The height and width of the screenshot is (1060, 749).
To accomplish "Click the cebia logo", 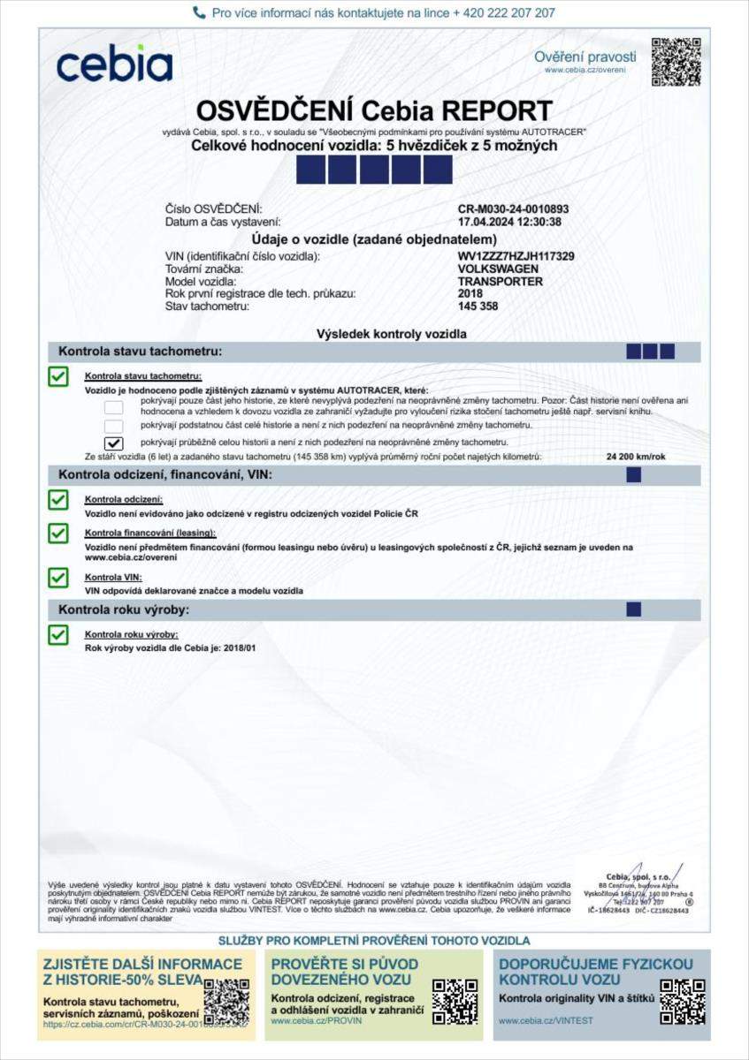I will click(x=114, y=64).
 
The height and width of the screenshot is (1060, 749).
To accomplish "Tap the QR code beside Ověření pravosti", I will click(x=676, y=62).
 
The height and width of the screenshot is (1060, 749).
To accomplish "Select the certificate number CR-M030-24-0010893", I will click(x=513, y=209).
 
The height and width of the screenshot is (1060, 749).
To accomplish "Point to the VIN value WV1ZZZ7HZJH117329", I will click(x=516, y=256).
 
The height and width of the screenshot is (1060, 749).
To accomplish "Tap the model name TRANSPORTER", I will click(x=500, y=281).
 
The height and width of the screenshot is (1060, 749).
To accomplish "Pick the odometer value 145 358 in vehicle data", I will click(x=478, y=306).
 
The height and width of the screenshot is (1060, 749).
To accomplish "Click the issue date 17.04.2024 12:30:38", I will click(x=509, y=222).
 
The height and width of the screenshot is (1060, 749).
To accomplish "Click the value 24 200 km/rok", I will click(x=637, y=457).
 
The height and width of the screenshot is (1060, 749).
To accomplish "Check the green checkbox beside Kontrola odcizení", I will click(x=58, y=501).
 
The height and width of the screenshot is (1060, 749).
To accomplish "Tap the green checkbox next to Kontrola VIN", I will click(x=58, y=579).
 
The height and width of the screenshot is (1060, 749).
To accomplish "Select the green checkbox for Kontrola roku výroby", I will click(x=58, y=635).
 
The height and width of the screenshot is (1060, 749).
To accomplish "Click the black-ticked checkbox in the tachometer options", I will click(x=113, y=442).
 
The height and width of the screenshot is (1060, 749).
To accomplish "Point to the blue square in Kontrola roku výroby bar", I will click(x=633, y=609).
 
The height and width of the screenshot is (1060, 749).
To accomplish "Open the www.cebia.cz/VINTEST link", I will click(x=546, y=1020).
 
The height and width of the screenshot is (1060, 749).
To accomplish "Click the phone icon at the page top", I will click(x=199, y=13).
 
